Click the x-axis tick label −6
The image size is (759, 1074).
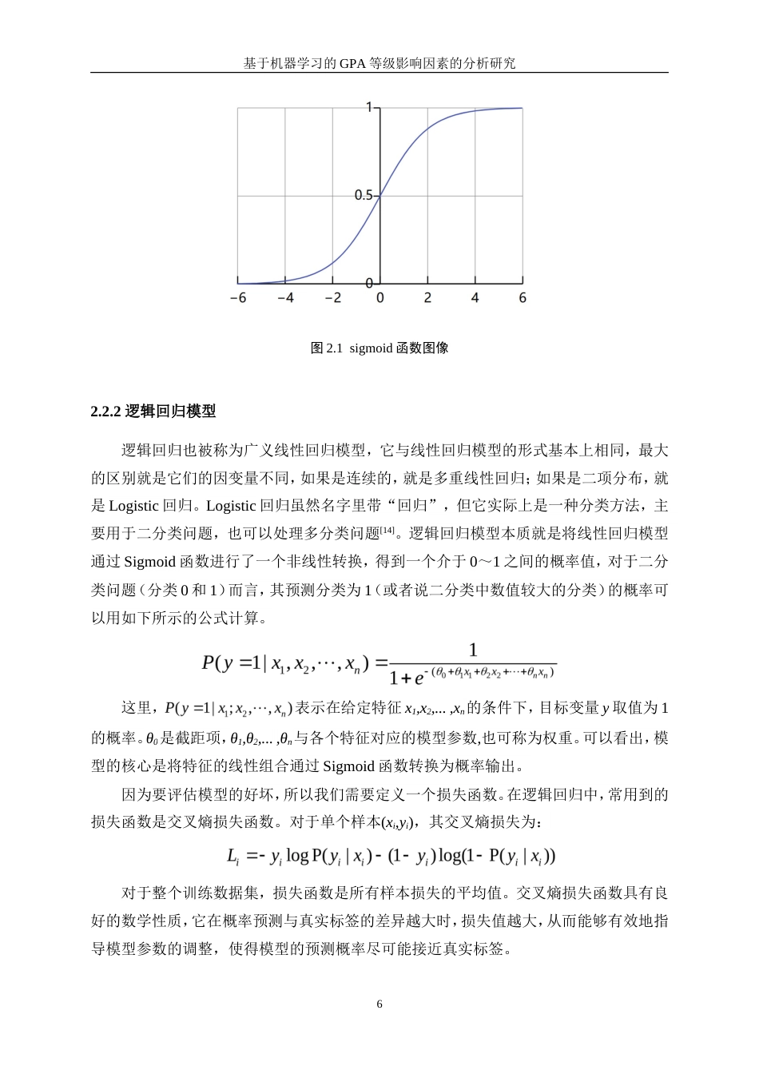[237, 298]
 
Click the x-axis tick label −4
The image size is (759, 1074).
[285, 298]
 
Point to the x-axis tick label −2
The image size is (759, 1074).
[332, 298]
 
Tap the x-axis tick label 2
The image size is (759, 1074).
[427, 298]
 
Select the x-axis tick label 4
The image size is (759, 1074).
[475, 298]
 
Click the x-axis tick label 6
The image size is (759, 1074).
[523, 298]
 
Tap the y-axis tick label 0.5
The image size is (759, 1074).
[364, 195]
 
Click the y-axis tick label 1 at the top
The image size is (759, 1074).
[369, 107]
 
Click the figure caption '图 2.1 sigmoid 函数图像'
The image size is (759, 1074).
[379, 348]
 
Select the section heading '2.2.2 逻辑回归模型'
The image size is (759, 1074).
[153, 412]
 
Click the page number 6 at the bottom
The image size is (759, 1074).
[379, 1004]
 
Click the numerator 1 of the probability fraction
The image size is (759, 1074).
[472, 650]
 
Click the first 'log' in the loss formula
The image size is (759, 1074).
[297, 857]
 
